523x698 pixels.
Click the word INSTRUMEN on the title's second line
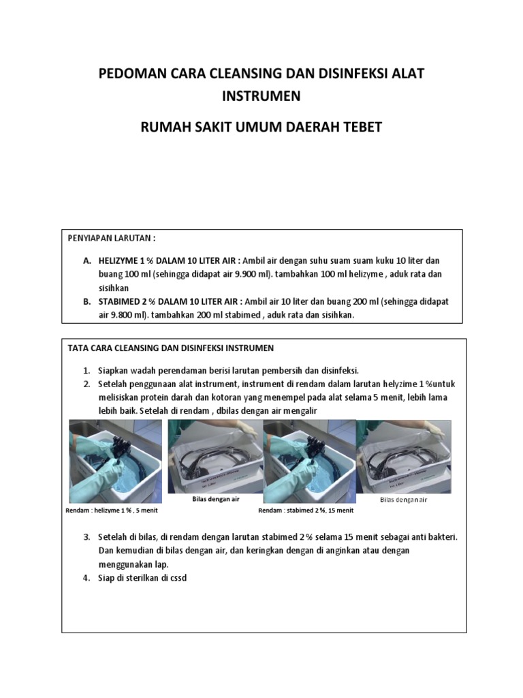click(261, 96)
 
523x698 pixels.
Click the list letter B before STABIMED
click(87, 301)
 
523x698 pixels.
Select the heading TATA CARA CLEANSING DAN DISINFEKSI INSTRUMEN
click(171, 348)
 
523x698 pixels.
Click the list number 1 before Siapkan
click(87, 371)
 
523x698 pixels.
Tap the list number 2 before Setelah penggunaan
click(87, 384)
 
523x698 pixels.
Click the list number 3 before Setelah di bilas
click(87, 537)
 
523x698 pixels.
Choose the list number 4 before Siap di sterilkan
click(87, 578)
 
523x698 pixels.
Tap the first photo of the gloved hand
click(116, 461)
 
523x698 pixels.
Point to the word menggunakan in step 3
click(125, 564)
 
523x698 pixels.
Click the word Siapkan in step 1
click(114, 371)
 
